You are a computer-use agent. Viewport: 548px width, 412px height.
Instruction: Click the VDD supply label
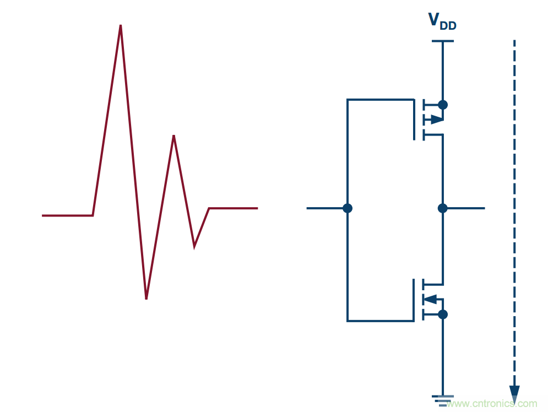tap(442, 21)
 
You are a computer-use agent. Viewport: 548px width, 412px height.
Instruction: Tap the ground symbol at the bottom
tap(443, 400)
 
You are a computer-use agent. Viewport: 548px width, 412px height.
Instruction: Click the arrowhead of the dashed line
tap(514, 394)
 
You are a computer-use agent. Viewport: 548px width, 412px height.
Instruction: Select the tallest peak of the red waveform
tap(121, 26)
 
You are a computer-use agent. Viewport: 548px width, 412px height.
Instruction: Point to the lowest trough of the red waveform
tap(146, 297)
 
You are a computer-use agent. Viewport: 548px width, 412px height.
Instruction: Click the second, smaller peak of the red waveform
tap(173, 137)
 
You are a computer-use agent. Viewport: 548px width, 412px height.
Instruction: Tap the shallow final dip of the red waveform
tap(194, 246)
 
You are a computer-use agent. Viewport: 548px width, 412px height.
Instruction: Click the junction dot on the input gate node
tap(347, 208)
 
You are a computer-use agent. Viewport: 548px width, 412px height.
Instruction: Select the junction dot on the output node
tap(443, 208)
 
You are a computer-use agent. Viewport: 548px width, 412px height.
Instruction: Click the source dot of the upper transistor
tap(443, 105)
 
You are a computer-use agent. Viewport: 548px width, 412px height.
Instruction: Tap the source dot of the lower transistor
tap(443, 315)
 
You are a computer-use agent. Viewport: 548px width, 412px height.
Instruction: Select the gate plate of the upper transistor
tap(414, 120)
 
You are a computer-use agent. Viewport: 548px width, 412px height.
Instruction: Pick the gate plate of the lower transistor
tap(414, 300)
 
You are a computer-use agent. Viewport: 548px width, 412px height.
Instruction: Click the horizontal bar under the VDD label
tap(443, 41)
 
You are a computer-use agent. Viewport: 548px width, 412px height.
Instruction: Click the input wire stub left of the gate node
tap(325, 208)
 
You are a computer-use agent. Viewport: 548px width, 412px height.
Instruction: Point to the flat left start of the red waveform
tap(66, 215)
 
